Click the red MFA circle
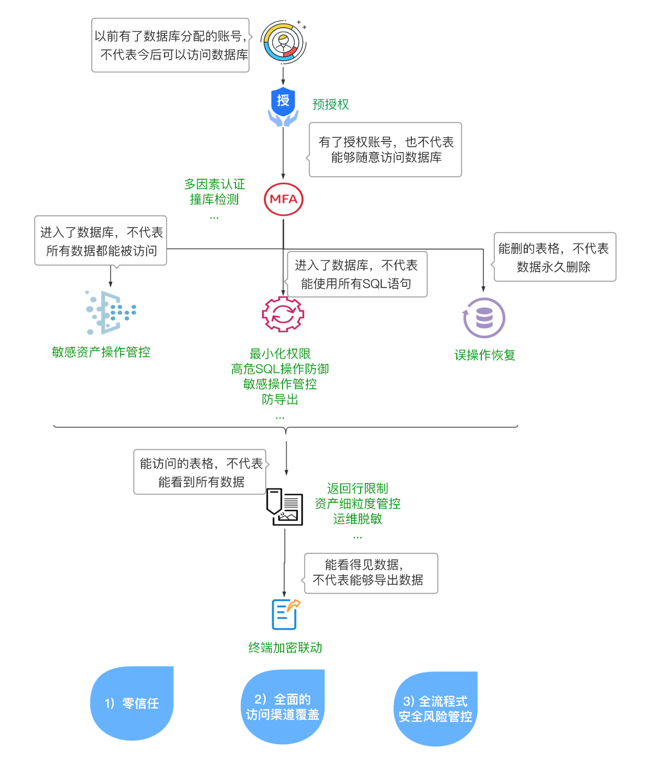(x=284, y=199)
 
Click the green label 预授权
(x=331, y=105)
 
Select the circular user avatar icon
(x=284, y=42)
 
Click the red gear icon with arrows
(x=283, y=314)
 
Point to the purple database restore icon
(x=484, y=318)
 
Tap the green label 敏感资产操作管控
(x=101, y=352)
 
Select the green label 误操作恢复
(x=485, y=355)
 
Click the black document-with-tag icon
(x=285, y=507)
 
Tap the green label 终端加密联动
(x=285, y=648)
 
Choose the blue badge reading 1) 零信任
(x=132, y=703)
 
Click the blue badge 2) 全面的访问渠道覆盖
(x=283, y=707)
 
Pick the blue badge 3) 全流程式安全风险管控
(x=435, y=709)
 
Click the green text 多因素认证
(x=215, y=184)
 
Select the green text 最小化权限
(x=280, y=354)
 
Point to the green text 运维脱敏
(x=358, y=519)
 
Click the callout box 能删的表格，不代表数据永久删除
(x=554, y=257)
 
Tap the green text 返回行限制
(x=358, y=488)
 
